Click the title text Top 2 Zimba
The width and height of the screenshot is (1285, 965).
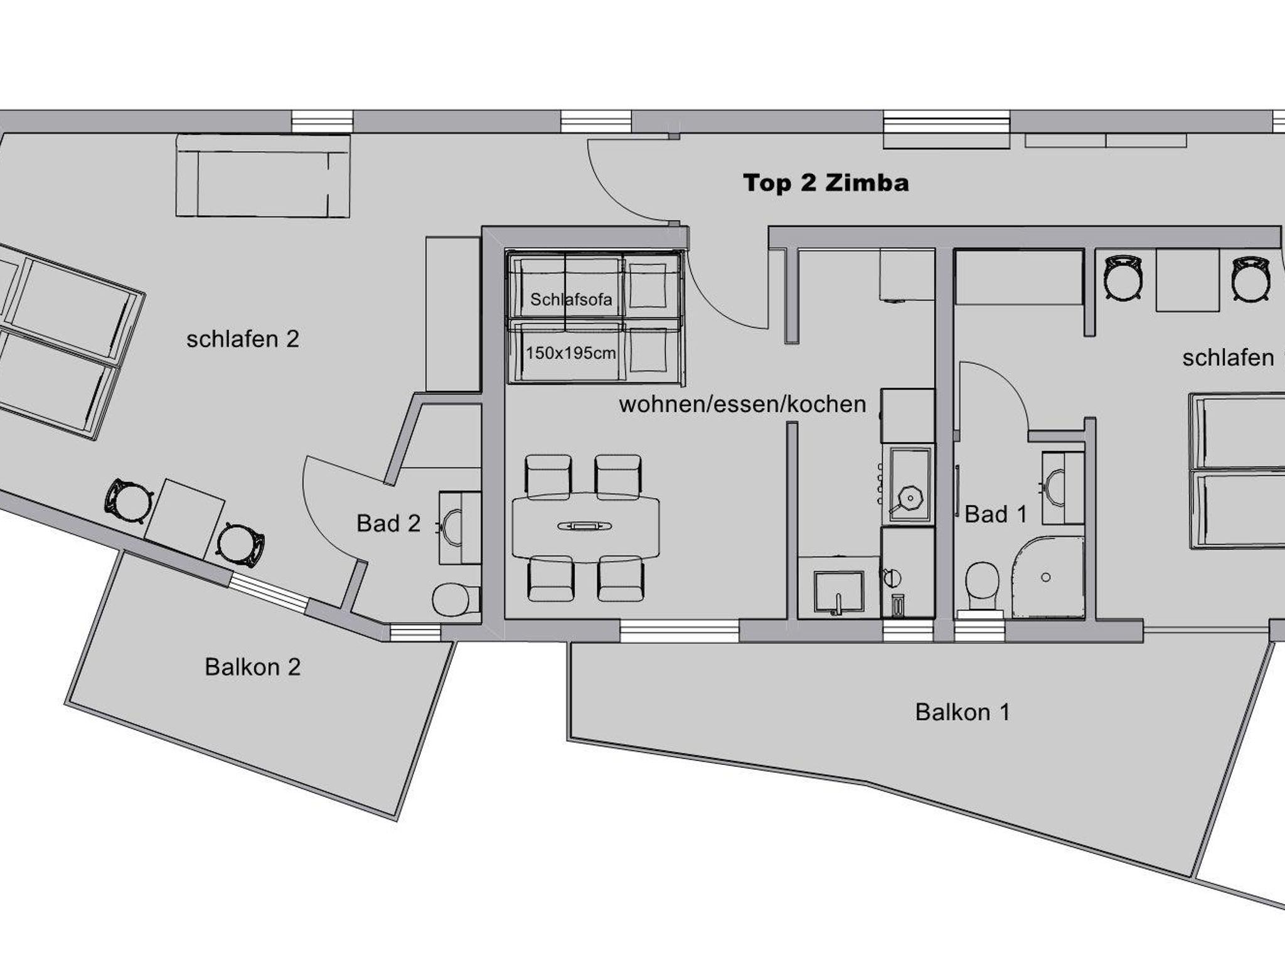(x=826, y=183)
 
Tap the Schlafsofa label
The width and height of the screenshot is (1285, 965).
(x=571, y=299)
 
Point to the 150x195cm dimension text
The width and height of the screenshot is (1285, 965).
(x=571, y=353)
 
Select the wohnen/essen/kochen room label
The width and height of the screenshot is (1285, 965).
(x=742, y=404)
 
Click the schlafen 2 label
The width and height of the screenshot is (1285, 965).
(x=243, y=339)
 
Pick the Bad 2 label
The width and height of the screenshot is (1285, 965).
(x=388, y=523)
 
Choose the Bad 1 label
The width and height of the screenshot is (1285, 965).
(x=996, y=514)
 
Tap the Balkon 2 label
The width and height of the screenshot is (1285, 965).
(x=253, y=666)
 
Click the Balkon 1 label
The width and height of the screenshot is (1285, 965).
(x=962, y=712)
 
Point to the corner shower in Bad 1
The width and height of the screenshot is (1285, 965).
(x=1048, y=577)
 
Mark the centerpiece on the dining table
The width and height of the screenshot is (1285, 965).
(x=584, y=526)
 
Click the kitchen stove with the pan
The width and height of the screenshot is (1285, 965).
(x=908, y=485)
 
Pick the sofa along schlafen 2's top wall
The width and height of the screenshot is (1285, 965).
(x=263, y=176)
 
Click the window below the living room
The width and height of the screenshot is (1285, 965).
(x=680, y=631)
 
